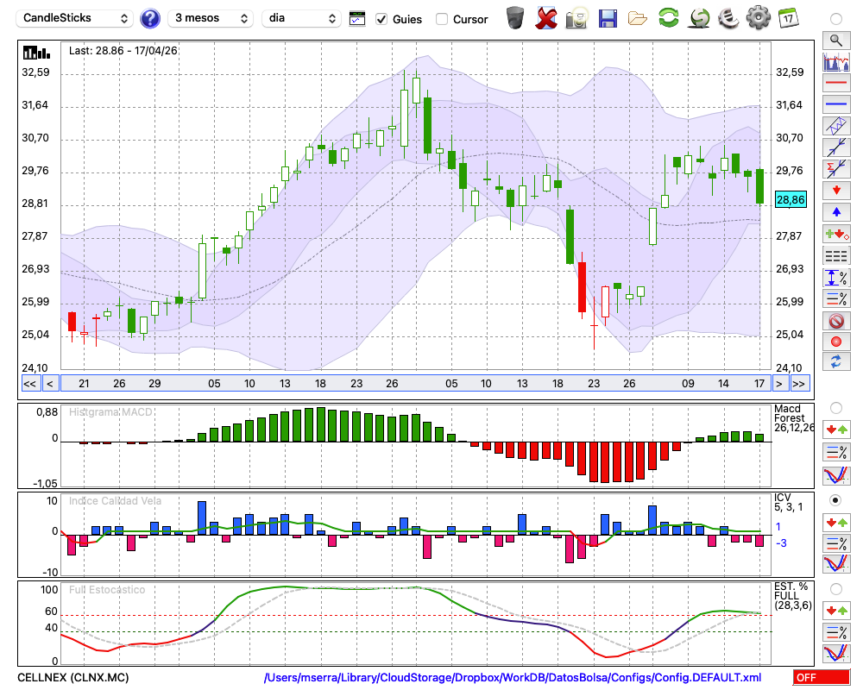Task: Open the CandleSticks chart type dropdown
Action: tap(75, 19)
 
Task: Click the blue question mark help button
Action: tap(149, 19)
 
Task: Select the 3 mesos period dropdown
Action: tap(211, 19)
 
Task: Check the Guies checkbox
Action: tap(381, 19)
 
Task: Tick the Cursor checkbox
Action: tap(441, 19)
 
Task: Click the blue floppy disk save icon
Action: tap(608, 19)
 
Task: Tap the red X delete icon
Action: tap(546, 19)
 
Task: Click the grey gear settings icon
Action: tap(758, 18)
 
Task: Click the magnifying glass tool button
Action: tap(836, 41)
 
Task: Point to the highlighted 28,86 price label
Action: tap(791, 200)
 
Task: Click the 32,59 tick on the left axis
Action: tap(35, 72)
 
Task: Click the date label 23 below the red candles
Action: tap(594, 384)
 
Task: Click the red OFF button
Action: tap(822, 677)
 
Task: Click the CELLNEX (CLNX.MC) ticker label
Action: tap(73, 677)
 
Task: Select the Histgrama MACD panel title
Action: tap(110, 412)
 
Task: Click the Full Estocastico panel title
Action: tap(107, 590)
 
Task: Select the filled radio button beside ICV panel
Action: tap(835, 500)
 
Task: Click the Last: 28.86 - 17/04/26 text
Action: tap(123, 51)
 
